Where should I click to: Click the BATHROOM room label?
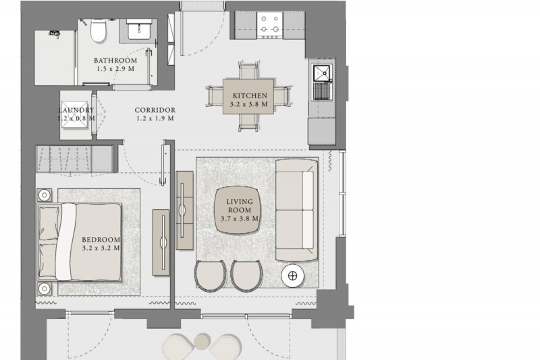click(115, 60)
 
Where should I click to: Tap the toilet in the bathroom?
click(99, 30)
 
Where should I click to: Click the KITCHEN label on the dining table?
click(250, 95)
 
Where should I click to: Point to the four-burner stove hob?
click(270, 25)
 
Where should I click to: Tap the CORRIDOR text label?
click(155, 110)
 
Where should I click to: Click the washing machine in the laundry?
click(76, 114)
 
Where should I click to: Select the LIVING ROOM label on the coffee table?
click(240, 205)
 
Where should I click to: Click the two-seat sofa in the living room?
click(296, 210)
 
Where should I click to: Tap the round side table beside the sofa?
click(293, 276)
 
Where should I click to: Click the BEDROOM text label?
click(101, 239)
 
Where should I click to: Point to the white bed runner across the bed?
click(65, 242)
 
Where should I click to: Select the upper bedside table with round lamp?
click(45, 195)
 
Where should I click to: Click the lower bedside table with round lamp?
click(45, 288)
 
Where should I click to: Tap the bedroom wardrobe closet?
click(74, 159)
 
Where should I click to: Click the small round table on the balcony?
click(201, 341)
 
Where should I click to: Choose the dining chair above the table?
click(248, 71)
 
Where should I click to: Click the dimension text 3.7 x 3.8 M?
click(240, 218)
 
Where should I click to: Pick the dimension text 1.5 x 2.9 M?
click(115, 68)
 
